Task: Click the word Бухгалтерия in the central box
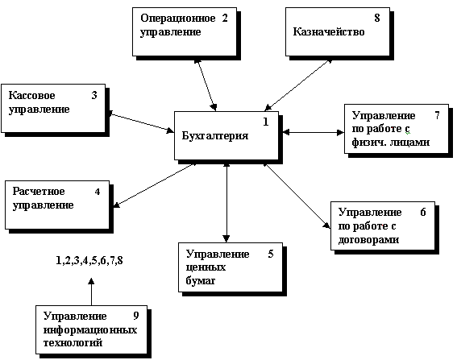point(215,136)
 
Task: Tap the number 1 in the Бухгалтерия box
point(265,122)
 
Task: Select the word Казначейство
point(329,31)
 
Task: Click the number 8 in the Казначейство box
point(377,18)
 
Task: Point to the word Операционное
point(178,18)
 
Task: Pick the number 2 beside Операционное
point(225,18)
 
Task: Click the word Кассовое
point(31,95)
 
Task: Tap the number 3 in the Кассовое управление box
point(94,95)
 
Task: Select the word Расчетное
point(39,192)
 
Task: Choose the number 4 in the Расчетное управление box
point(98,192)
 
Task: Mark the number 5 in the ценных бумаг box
point(271,254)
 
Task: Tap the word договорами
point(368,240)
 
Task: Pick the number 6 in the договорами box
point(423,213)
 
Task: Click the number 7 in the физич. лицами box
point(437,116)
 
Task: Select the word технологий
point(73,342)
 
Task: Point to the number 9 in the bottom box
point(136,316)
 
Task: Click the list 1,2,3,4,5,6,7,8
point(89,260)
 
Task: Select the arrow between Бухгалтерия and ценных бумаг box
point(226,202)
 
